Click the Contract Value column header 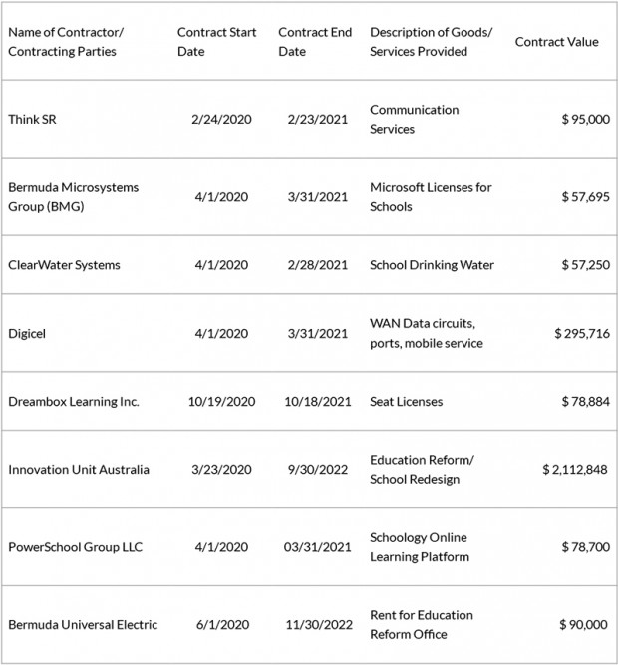point(556,42)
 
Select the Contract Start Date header point(216,42)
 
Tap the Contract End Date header point(316,42)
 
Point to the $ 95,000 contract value point(585,119)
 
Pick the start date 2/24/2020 point(221,119)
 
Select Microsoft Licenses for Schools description point(431,197)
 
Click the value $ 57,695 point(585,197)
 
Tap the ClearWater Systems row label point(64,265)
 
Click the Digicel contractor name point(27,333)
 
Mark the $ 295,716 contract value point(581,333)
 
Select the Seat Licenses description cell point(406,401)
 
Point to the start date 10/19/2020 point(221,401)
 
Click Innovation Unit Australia point(79,469)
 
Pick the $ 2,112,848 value point(575,469)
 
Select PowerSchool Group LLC point(77,547)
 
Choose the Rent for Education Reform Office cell point(422,625)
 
